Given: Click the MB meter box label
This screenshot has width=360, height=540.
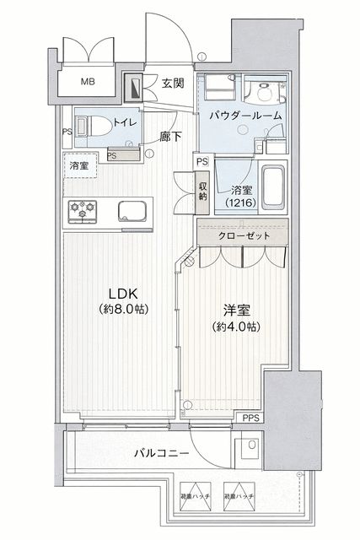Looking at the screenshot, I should [88, 82].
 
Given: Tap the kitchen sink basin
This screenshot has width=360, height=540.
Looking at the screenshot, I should [133, 209].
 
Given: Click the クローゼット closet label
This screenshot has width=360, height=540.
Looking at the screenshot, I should [244, 235].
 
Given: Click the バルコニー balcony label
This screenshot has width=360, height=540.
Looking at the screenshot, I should [160, 453].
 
